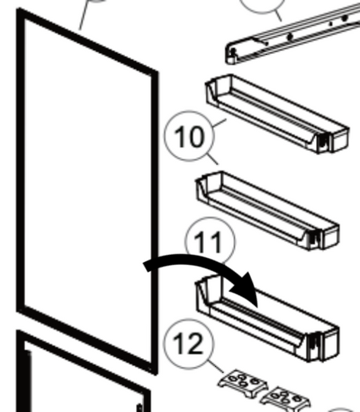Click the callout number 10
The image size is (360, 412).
tap(189, 136)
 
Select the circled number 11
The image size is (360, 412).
tap(210, 242)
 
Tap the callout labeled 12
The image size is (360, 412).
tap(189, 344)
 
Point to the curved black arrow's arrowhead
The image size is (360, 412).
tap(246, 288)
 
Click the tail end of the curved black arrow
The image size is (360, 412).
tap(147, 266)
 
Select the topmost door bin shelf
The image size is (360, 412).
tap(277, 114)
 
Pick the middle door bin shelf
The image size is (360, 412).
tap(268, 211)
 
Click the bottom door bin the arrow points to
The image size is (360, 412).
tap(268, 319)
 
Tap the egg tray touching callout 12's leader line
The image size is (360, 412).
tap(243, 383)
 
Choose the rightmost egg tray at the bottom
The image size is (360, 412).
tap(286, 400)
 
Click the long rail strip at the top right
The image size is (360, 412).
tap(293, 34)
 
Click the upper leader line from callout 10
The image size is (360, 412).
tap(219, 124)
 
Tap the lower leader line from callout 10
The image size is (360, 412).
tap(212, 159)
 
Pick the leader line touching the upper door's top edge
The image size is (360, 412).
tap(85, 15)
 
